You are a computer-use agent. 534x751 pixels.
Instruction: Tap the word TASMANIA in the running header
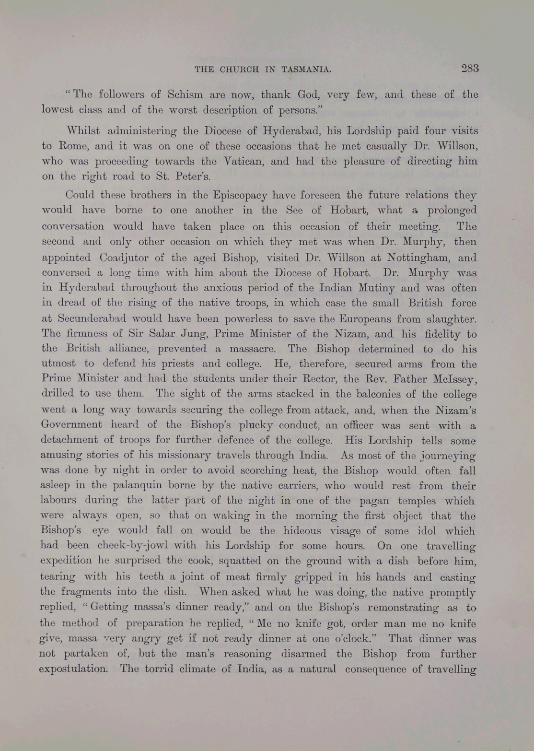pyautogui.click(x=307, y=69)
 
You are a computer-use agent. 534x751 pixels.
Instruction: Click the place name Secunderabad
pyautogui.click(x=92, y=319)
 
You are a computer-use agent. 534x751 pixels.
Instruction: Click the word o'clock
pyautogui.click(x=355, y=639)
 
